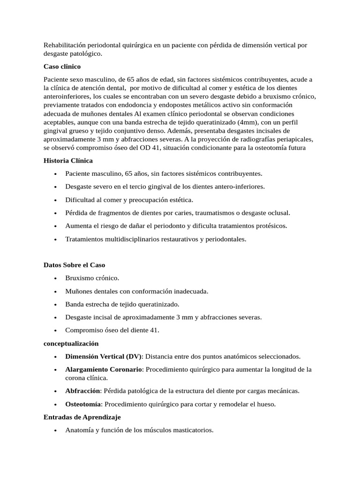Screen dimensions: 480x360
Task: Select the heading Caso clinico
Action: pos(62,66)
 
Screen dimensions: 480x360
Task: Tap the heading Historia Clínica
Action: pos(68,160)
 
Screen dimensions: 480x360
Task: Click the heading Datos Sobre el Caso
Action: pos(74,265)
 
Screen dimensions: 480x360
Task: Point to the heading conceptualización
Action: pos(71,344)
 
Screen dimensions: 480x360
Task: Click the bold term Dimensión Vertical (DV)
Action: pos(103,356)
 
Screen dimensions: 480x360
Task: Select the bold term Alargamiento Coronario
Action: pos(104,369)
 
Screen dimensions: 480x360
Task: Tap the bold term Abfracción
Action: pos(83,390)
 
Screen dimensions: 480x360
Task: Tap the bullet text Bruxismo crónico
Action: pos(92,278)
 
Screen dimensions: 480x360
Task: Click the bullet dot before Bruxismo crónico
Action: pos(56,278)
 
